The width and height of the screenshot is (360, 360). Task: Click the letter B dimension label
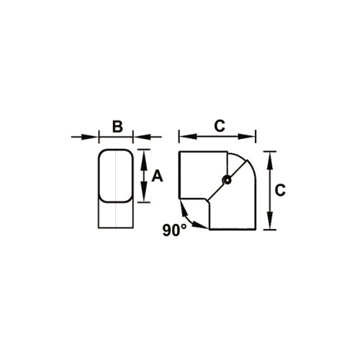117,127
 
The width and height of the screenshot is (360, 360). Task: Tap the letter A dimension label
158,176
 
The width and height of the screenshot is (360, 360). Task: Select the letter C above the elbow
219,125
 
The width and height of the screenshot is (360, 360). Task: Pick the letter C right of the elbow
281,190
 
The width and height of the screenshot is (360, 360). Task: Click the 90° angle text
174,230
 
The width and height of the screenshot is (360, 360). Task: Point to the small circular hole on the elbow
227,180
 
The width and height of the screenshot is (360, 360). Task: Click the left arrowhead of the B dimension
93,136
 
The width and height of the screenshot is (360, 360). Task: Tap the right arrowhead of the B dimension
138,136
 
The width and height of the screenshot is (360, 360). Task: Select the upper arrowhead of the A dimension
144,154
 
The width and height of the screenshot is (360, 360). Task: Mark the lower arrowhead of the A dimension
144,197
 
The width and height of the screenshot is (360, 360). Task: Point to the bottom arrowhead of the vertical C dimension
269,225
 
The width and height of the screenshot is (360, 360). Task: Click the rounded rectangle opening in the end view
116,175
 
